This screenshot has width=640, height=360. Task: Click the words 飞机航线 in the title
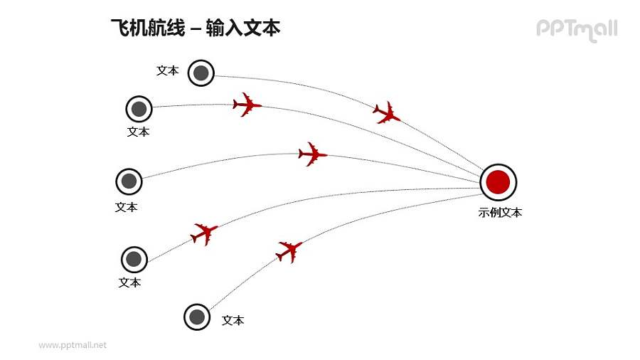click(x=147, y=28)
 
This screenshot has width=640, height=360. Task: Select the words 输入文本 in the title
click(x=242, y=28)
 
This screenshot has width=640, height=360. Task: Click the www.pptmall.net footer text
click(x=73, y=345)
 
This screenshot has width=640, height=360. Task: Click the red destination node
click(x=498, y=182)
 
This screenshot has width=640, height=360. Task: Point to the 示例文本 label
click(x=500, y=212)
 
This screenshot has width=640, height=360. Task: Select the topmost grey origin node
click(x=201, y=73)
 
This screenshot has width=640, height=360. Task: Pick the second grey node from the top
click(x=139, y=110)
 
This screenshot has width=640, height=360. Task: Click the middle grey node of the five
click(x=129, y=181)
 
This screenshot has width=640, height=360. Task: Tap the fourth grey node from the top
click(x=134, y=260)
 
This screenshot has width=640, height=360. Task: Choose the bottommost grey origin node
click(x=197, y=317)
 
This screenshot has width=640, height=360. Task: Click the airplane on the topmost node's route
click(x=387, y=112)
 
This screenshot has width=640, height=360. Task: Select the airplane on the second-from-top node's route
click(x=247, y=105)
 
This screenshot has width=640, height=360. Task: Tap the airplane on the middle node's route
click(x=312, y=154)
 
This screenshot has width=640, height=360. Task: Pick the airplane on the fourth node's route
click(x=204, y=233)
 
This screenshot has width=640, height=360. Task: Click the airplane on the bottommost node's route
click(x=289, y=250)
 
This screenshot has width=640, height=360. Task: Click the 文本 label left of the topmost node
click(x=167, y=70)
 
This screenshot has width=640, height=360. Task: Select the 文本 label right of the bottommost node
click(x=233, y=320)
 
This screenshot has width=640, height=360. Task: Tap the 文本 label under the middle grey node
click(x=127, y=207)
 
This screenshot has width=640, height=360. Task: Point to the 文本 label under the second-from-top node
click(x=139, y=132)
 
